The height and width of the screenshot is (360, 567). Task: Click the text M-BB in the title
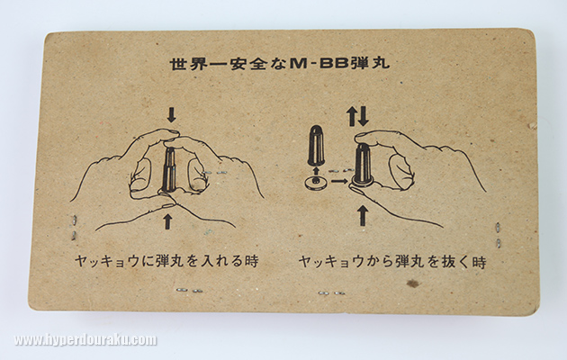319,64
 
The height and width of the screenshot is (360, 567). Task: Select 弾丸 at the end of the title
369,63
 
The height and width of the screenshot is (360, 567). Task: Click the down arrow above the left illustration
171,114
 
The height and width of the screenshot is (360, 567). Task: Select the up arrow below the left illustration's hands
167,221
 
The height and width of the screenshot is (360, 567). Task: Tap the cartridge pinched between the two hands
169,169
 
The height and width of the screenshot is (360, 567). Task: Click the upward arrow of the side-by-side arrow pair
352,117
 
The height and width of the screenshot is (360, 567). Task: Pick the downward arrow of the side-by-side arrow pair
364,116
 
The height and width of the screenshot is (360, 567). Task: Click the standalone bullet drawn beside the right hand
316,145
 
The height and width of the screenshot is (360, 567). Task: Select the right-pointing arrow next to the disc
338,182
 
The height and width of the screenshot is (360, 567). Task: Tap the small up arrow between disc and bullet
317,171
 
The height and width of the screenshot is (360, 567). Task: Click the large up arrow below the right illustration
363,215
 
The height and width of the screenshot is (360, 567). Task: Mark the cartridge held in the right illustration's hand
363,165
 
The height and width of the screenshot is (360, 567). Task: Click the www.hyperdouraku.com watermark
85,340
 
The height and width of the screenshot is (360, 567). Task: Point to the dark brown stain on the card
412,283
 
